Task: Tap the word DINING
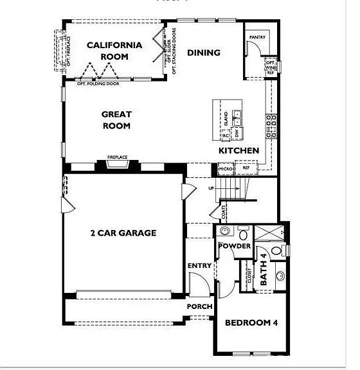tap(204, 53)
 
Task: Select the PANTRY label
tap(258, 38)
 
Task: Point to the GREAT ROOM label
tap(116, 120)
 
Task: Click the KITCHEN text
tap(239, 150)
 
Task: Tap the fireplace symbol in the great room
tap(118, 164)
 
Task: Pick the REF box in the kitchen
tap(246, 168)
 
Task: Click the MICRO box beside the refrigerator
tap(226, 169)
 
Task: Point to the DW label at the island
tap(237, 133)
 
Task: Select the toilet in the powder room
tap(244, 233)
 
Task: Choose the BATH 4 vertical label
tap(264, 270)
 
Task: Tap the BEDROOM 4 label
tap(251, 322)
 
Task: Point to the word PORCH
tap(199, 306)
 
